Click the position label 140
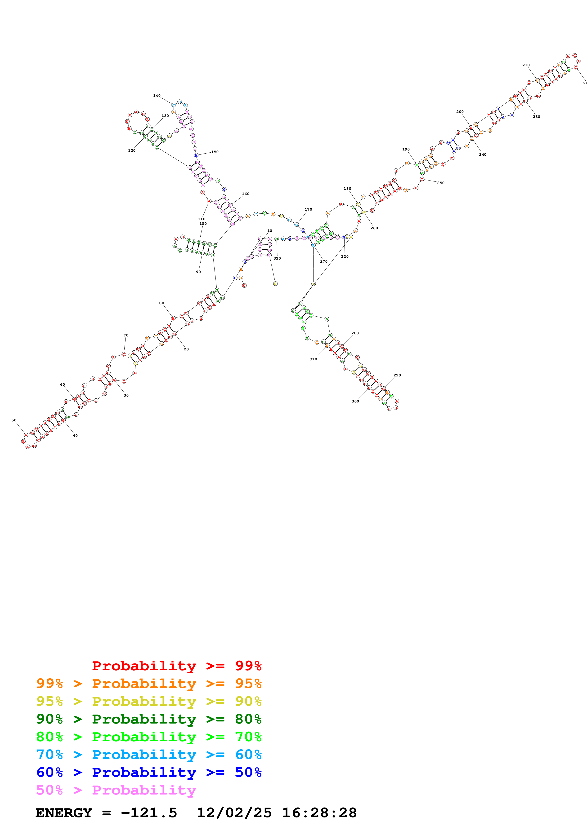(157, 96)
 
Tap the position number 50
(14, 420)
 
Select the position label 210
(526, 65)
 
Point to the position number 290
(397, 375)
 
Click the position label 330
(277, 258)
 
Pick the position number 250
(440, 183)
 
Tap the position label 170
(308, 209)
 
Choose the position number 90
(198, 272)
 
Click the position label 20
(186, 349)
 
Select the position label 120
(132, 150)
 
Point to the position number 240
(483, 154)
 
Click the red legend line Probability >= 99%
(176, 666)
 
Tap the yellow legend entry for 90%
(149, 701)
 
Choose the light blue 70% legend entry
(149, 755)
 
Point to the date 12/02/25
(234, 813)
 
